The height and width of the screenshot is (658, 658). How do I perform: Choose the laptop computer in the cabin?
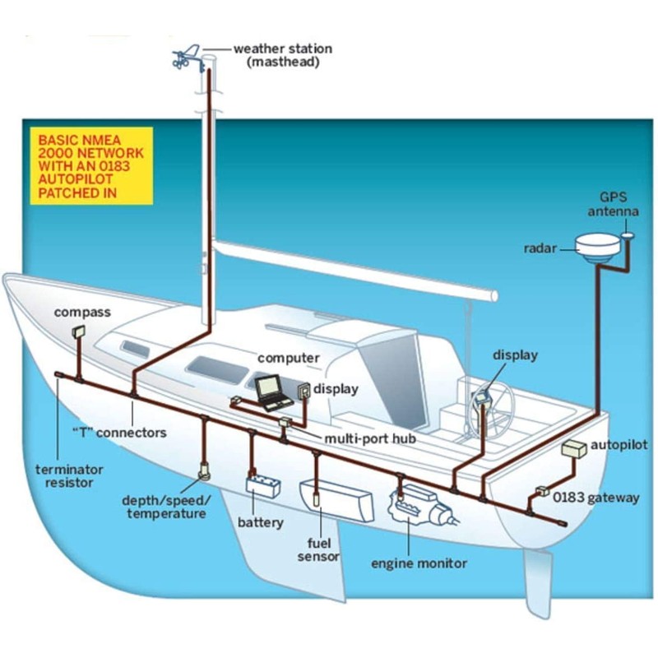tap(271, 392)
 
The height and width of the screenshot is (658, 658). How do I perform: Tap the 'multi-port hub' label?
tap(369, 438)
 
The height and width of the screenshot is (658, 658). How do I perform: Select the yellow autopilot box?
tap(573, 449)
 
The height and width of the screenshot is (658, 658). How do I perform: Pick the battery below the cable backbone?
tap(264, 485)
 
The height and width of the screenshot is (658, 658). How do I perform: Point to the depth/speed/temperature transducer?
tap(204, 472)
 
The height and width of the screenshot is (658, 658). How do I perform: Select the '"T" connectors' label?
tap(119, 432)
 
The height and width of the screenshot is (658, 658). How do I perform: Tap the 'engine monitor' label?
tap(419, 563)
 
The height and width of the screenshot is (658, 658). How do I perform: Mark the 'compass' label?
tap(82, 313)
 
